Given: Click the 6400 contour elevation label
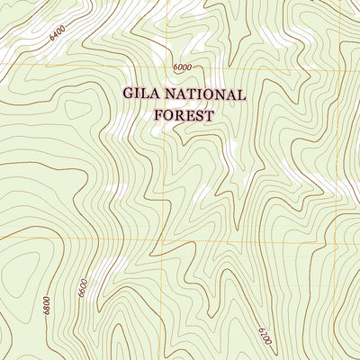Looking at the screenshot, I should click(x=58, y=34).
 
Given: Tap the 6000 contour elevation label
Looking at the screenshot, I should click(x=184, y=67).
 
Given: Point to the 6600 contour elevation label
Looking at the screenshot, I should click(x=83, y=289).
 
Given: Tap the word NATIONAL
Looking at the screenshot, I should click(x=208, y=94).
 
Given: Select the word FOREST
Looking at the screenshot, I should click(x=184, y=115).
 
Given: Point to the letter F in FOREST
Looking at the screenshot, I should click(x=158, y=115).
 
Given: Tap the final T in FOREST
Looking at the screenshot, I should click(x=209, y=115).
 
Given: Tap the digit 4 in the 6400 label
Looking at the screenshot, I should click(x=57, y=35).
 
